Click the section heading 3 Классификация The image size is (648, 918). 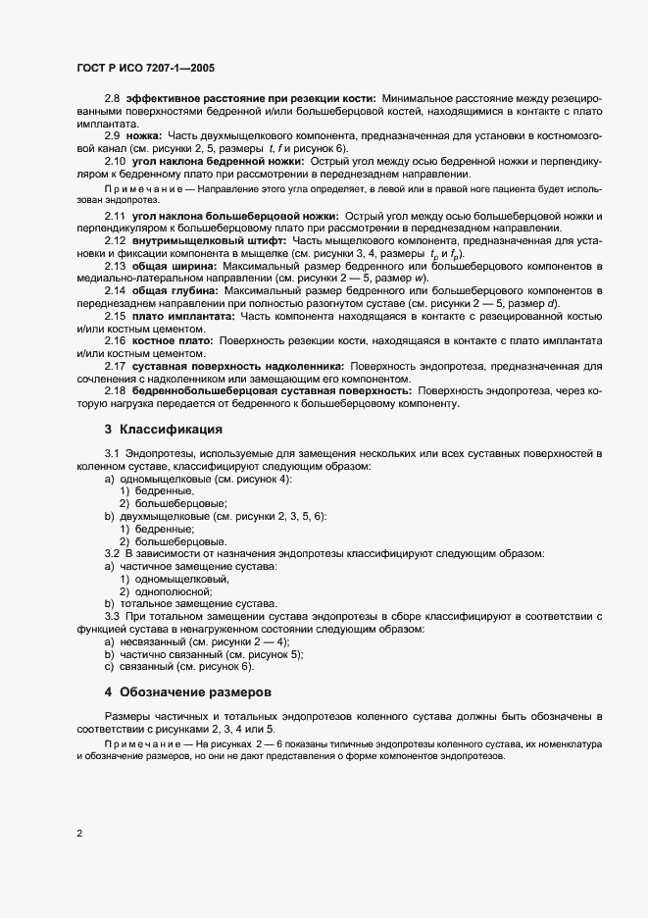click(164, 430)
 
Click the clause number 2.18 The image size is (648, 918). click(116, 389)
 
